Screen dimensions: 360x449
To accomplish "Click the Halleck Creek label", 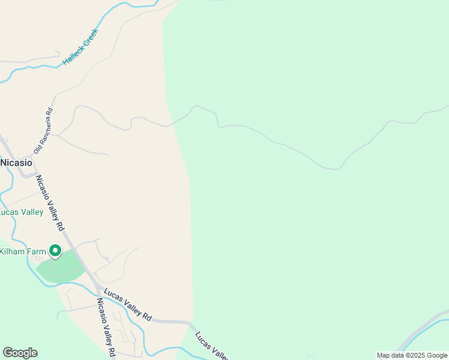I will click(x=80, y=47).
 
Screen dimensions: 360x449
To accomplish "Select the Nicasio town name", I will click(x=16, y=163).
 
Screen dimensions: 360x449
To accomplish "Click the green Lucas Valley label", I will click(x=21, y=212).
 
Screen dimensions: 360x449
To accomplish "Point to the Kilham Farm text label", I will click(x=22, y=251).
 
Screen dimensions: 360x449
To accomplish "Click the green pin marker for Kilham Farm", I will click(x=55, y=251).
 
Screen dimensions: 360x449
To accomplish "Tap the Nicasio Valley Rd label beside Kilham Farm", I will click(x=50, y=203).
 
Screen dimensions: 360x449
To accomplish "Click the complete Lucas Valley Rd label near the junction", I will click(x=128, y=304).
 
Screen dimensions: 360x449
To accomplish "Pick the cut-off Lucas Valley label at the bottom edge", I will click(x=211, y=345).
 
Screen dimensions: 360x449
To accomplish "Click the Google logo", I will click(x=20, y=353).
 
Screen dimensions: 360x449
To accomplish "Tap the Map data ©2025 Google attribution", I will click(x=412, y=355).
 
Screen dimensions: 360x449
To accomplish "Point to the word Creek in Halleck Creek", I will click(x=90, y=38).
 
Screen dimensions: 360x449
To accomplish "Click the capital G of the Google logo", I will click(x=7, y=353).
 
